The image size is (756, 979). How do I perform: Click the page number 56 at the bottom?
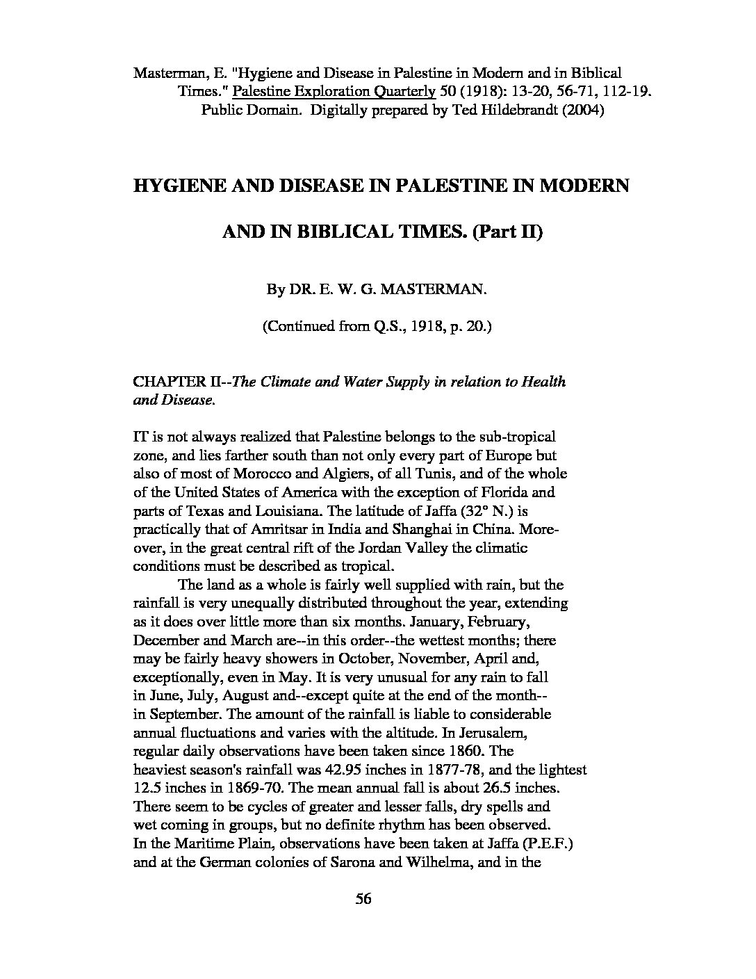tap(364, 899)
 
